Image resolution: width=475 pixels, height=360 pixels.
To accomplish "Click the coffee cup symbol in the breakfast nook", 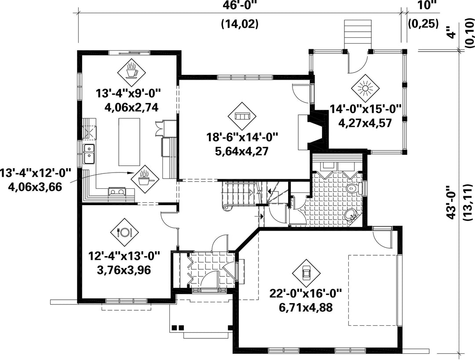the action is click(132, 73).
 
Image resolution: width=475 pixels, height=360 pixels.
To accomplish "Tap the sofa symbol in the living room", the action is click(242, 116).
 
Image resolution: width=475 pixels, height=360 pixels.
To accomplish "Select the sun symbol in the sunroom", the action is click(365, 88).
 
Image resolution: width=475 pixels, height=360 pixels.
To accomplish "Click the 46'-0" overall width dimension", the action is click(239, 5).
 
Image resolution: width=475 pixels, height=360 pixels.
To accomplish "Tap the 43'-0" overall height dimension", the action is click(451, 202).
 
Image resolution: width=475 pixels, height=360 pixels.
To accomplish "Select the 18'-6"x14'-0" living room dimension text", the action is click(242, 138).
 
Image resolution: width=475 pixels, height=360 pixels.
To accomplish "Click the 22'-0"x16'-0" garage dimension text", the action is click(306, 294).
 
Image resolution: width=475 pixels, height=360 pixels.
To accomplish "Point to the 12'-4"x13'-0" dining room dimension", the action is click(124, 256).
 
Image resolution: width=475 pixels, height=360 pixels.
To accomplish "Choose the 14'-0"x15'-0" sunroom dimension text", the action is click(365, 109).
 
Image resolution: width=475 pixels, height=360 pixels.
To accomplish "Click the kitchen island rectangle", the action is click(129, 142).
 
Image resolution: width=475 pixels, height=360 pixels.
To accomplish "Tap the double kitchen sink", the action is click(89, 154).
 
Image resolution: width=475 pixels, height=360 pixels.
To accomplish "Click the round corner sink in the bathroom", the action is click(351, 214).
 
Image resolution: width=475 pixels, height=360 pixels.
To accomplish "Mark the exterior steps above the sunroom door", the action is click(358, 34).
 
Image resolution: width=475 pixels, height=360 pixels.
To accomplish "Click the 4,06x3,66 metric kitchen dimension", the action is click(35, 187).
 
